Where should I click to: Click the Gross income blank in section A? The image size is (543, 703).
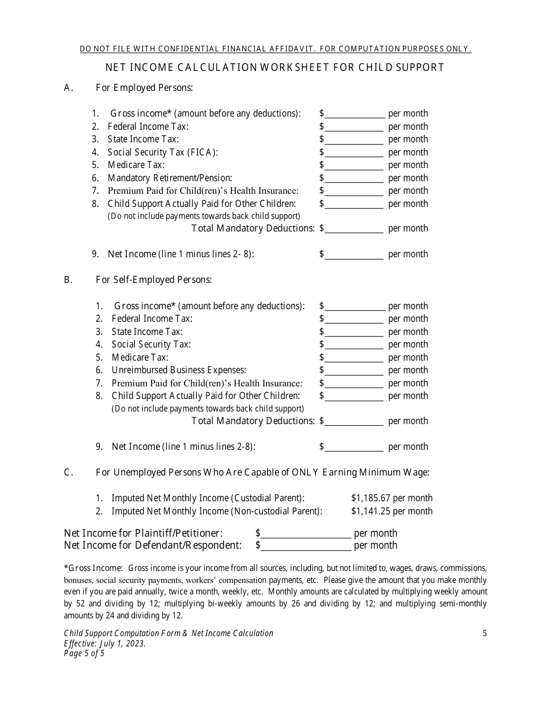(x=354, y=114)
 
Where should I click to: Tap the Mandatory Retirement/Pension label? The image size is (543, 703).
(x=170, y=178)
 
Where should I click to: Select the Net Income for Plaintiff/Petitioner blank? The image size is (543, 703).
(x=306, y=533)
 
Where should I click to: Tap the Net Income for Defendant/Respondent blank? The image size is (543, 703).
(x=306, y=545)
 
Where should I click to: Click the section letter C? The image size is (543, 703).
(x=67, y=472)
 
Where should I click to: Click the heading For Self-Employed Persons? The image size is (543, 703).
(x=154, y=280)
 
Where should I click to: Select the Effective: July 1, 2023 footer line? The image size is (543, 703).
(x=105, y=643)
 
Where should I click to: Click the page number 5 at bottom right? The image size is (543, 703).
(x=485, y=633)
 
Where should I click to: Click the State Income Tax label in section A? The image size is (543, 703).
(x=143, y=139)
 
